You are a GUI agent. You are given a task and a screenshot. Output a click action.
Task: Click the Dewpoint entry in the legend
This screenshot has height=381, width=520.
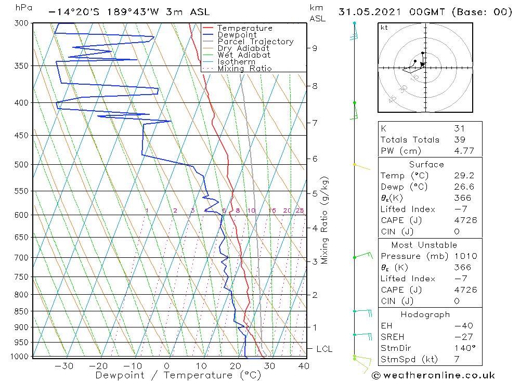pos(237,35)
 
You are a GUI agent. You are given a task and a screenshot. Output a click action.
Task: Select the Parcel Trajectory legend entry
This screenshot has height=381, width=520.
pos(255,42)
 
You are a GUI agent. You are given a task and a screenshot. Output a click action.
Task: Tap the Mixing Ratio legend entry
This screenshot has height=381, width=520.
pos(244,69)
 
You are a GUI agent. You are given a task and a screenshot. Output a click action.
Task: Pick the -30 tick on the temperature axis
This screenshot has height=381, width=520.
pos(63,366)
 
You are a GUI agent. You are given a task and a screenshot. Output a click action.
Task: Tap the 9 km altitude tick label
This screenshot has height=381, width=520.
pos(315,48)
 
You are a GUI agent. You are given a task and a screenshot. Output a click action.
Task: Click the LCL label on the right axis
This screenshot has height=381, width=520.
pos(324,349)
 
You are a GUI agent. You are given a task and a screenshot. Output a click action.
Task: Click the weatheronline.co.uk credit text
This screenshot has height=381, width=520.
pos(433,375)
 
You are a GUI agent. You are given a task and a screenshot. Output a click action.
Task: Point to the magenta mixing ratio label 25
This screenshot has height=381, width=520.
pos(300,211)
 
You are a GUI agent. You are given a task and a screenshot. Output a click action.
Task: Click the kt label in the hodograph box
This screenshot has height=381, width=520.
pos(384,28)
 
